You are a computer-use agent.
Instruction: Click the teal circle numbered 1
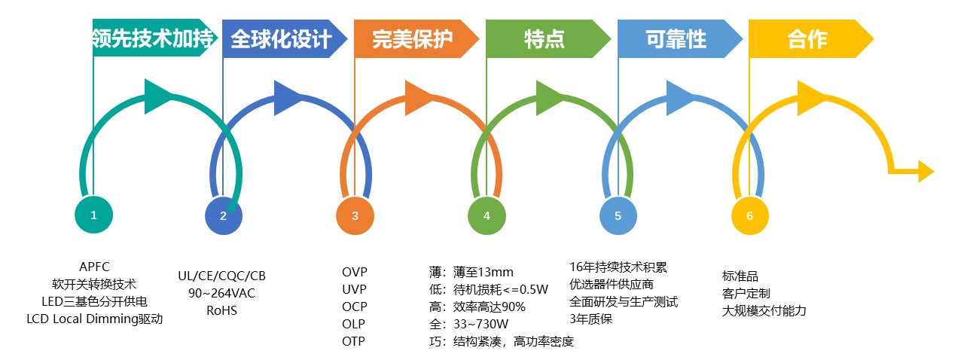click(x=93, y=215)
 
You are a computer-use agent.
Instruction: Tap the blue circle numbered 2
click(x=223, y=216)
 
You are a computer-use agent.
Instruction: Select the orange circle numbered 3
click(x=355, y=216)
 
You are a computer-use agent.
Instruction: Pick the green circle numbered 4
click(x=487, y=216)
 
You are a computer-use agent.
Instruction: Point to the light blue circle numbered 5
click(x=618, y=216)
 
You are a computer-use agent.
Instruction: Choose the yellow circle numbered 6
click(x=749, y=216)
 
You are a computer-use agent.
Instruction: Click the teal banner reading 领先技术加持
click(x=152, y=38)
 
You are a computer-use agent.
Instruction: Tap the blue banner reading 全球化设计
click(x=281, y=38)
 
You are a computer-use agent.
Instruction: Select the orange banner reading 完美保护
click(x=413, y=38)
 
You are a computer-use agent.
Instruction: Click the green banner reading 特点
click(x=544, y=38)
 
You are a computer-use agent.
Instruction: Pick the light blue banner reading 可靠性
click(x=676, y=38)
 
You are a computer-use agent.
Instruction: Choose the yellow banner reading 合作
click(x=807, y=38)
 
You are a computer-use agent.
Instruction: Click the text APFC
click(x=94, y=267)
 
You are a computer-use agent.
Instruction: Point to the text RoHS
click(x=221, y=310)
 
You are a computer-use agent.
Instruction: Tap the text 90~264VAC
click(x=221, y=293)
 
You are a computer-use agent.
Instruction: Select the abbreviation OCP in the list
click(x=355, y=307)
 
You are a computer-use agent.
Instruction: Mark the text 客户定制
click(x=746, y=293)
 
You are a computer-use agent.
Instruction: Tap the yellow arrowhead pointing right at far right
click(x=926, y=171)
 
